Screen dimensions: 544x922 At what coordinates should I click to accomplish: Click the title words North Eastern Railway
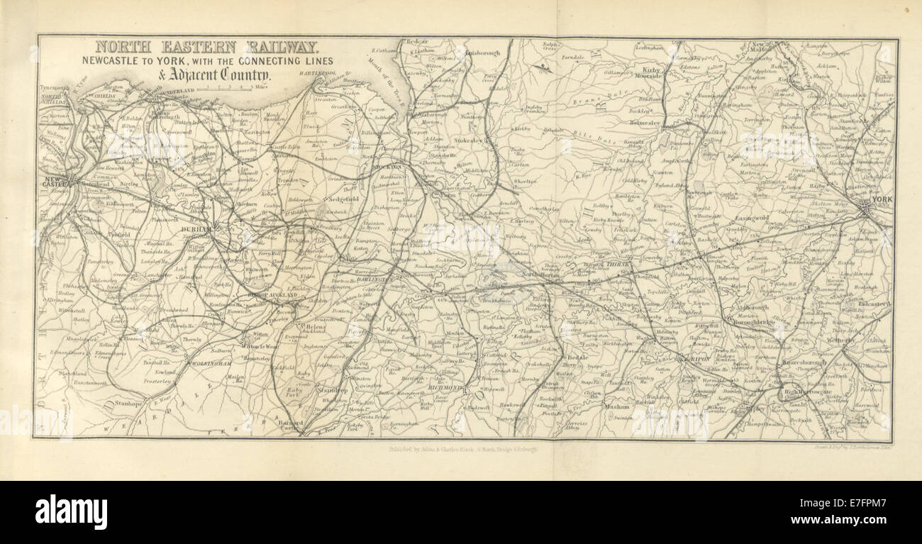pyautogui.click(x=206, y=48)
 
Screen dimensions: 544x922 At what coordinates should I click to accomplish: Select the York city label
pyautogui.click(x=882, y=200)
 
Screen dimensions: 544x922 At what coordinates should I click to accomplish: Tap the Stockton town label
pyautogui.click(x=387, y=167)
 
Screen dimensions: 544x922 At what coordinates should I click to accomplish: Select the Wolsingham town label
pyautogui.click(x=212, y=363)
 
